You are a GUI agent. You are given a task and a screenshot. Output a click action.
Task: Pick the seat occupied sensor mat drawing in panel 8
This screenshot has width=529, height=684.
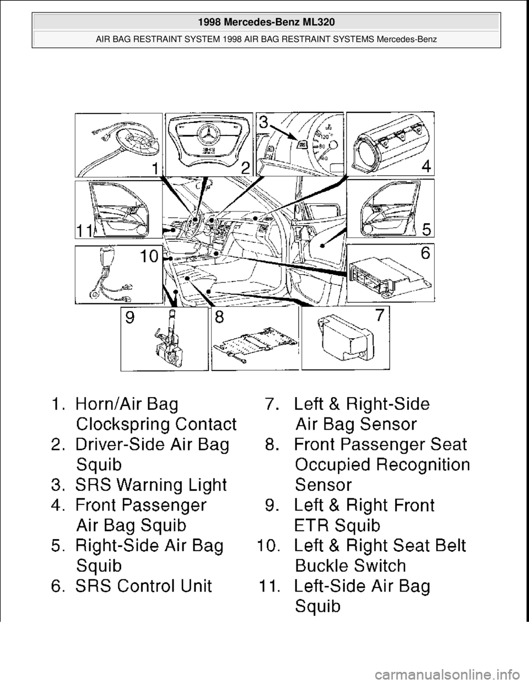(x=253, y=344)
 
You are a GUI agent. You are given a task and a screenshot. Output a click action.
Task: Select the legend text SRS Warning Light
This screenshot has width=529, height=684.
(x=152, y=485)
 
